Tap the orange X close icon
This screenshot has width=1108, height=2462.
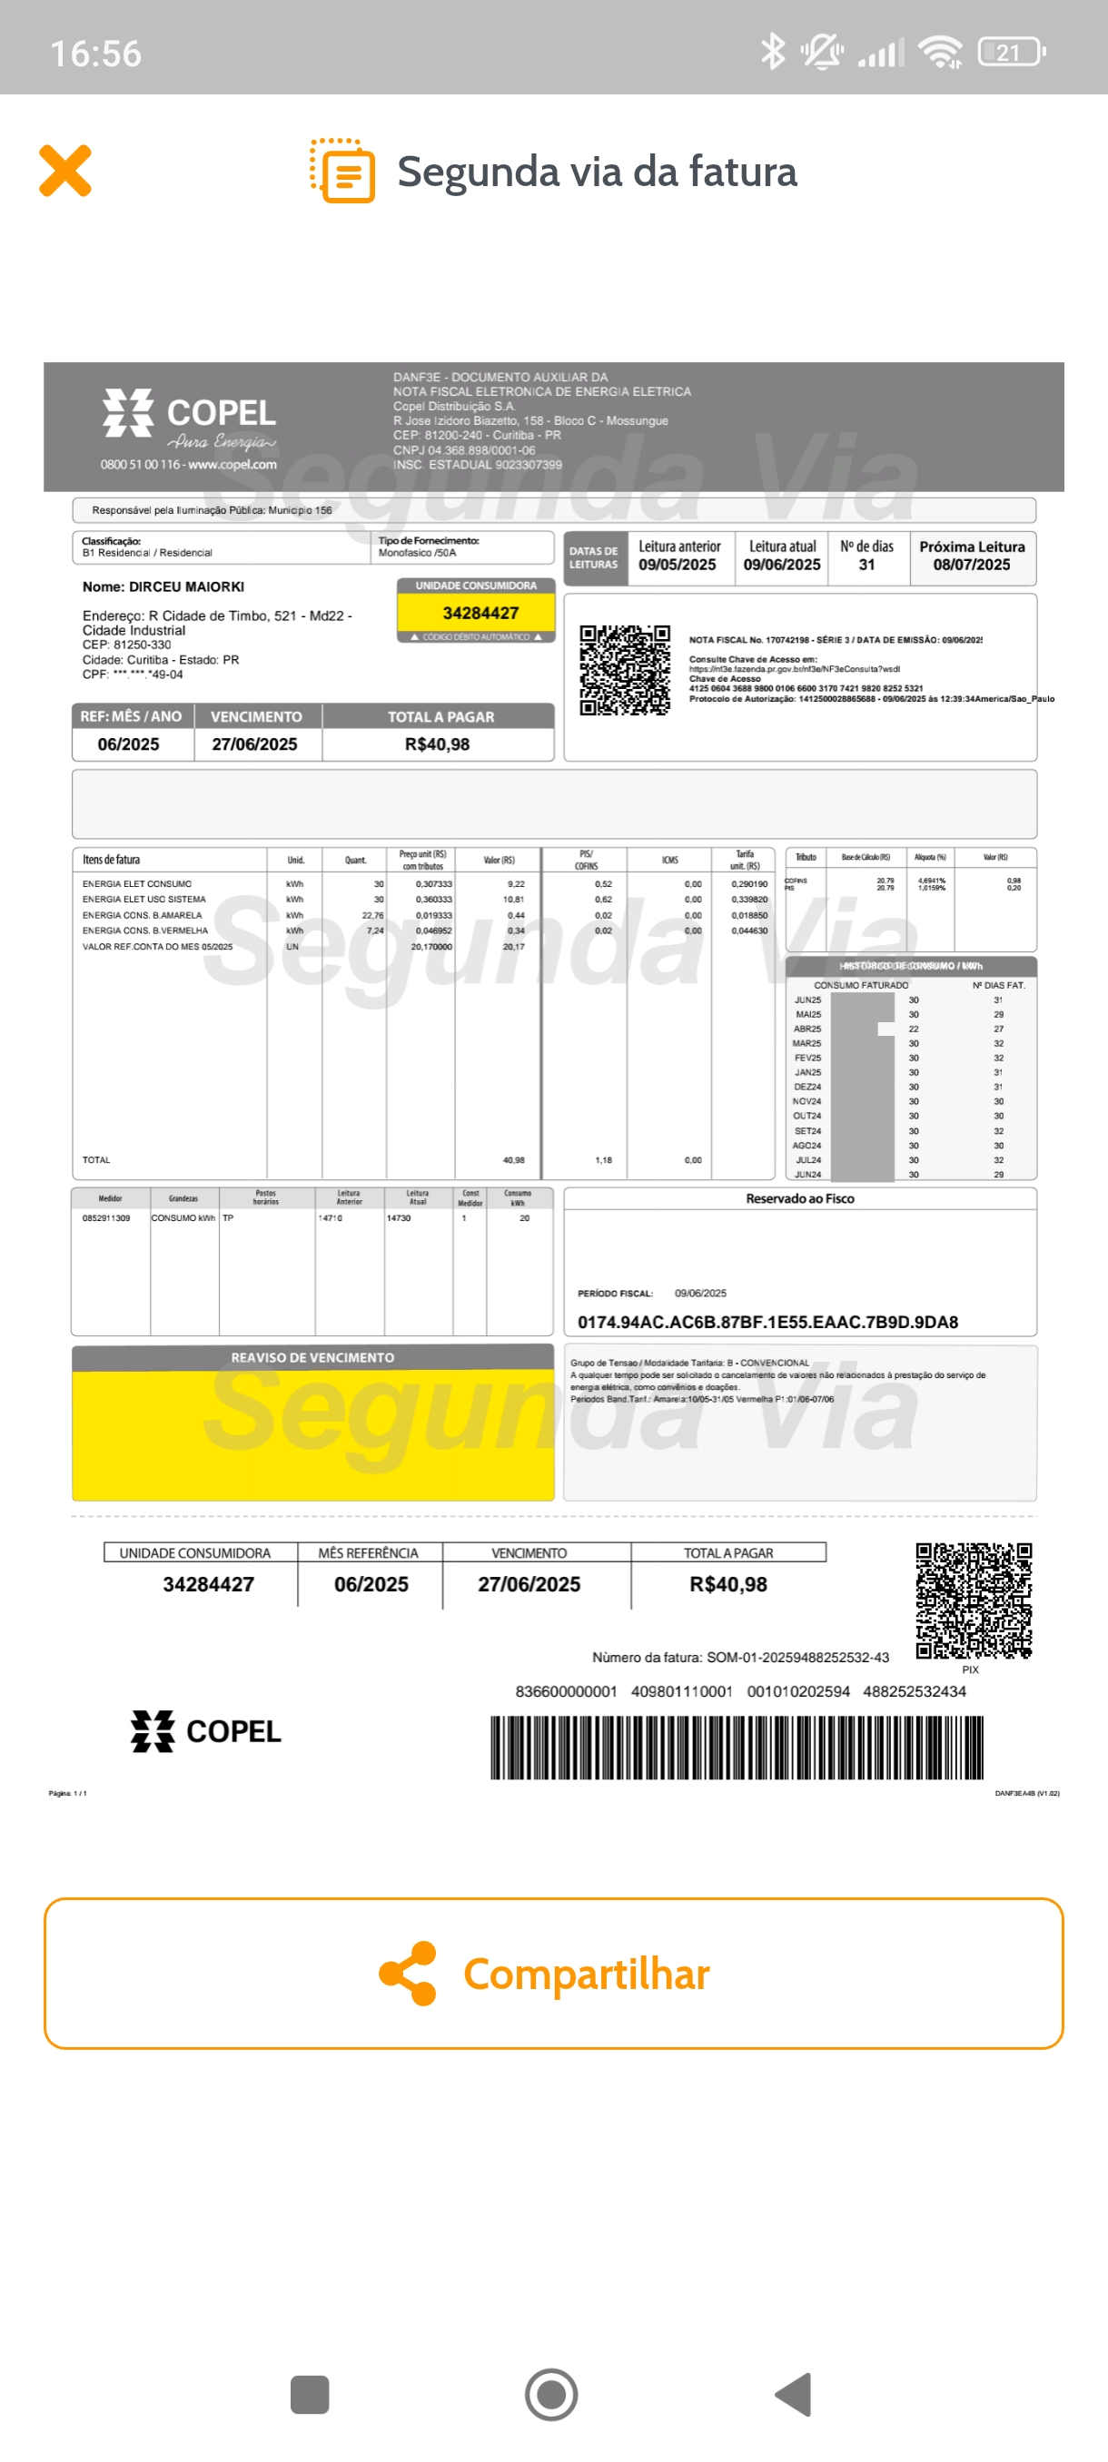[x=65, y=171]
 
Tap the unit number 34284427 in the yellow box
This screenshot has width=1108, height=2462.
[x=480, y=613]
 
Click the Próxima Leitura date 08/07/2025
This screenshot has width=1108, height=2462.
[x=971, y=565]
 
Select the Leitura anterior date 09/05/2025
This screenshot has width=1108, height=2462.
[x=677, y=565]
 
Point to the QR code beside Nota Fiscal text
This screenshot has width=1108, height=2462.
[x=624, y=670]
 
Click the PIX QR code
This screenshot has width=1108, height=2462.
[x=974, y=1600]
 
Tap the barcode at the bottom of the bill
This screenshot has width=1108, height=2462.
[x=737, y=1748]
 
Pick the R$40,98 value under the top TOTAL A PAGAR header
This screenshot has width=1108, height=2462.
[x=437, y=744]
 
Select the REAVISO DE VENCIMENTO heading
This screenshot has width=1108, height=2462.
[x=312, y=1357]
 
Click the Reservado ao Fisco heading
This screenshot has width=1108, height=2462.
[x=799, y=1198]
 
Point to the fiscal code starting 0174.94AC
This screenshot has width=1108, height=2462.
[x=767, y=1322]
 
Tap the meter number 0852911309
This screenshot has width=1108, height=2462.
[x=106, y=1218]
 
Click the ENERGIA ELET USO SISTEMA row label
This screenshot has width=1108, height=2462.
[x=143, y=900]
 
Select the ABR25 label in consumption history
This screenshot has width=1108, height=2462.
[x=806, y=1029]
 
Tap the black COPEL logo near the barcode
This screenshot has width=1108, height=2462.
[x=205, y=1731]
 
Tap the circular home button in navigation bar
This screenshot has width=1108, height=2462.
[x=551, y=2395]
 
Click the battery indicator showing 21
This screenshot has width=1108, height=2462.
[x=1011, y=53]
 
